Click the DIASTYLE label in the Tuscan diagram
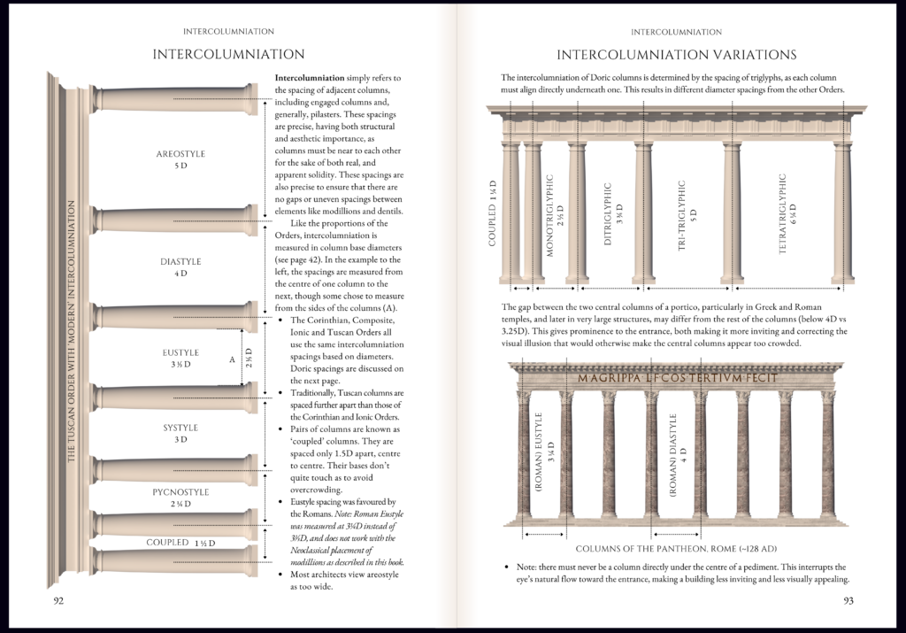click(x=180, y=261)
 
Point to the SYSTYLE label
click(x=180, y=428)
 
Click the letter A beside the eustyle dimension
click(x=231, y=359)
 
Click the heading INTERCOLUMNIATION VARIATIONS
click(x=676, y=55)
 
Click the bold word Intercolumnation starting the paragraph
click(x=310, y=78)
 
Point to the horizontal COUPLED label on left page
click(x=168, y=542)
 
